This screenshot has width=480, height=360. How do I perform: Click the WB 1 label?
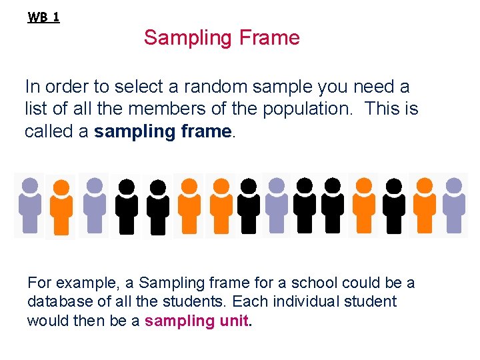click(43, 17)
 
